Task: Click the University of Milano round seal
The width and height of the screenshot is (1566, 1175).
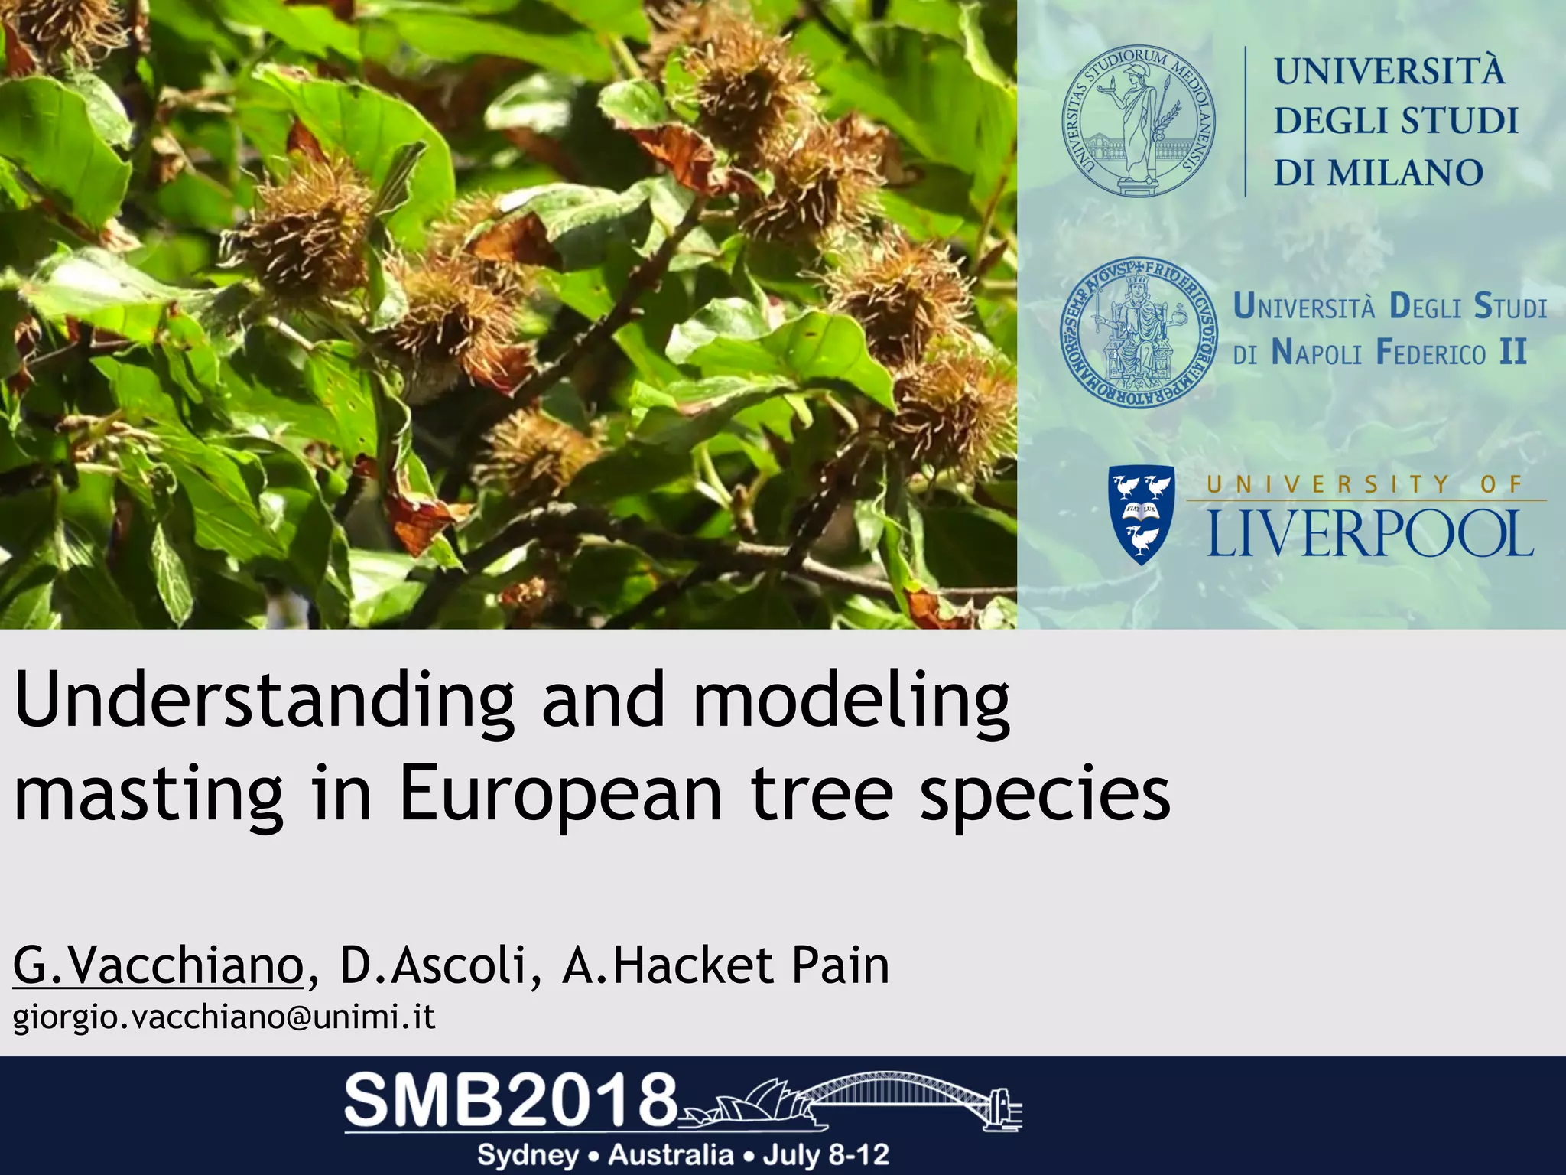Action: [1139, 120]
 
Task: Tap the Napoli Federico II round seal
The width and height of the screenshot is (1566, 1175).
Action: [1138, 331]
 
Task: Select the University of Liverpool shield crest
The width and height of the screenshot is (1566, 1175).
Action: [1141, 514]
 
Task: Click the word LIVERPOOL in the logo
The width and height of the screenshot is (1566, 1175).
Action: [1370, 534]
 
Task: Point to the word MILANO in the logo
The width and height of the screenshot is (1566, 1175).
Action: [1405, 173]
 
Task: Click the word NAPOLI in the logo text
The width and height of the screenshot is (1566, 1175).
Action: [1316, 353]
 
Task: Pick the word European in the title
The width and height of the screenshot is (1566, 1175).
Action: [560, 796]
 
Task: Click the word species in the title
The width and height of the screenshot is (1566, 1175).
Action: [1045, 796]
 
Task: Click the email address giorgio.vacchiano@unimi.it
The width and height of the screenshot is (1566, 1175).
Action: [224, 1017]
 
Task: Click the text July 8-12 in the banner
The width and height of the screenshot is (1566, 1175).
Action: [825, 1154]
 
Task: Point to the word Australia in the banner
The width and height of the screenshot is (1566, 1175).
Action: [671, 1154]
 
